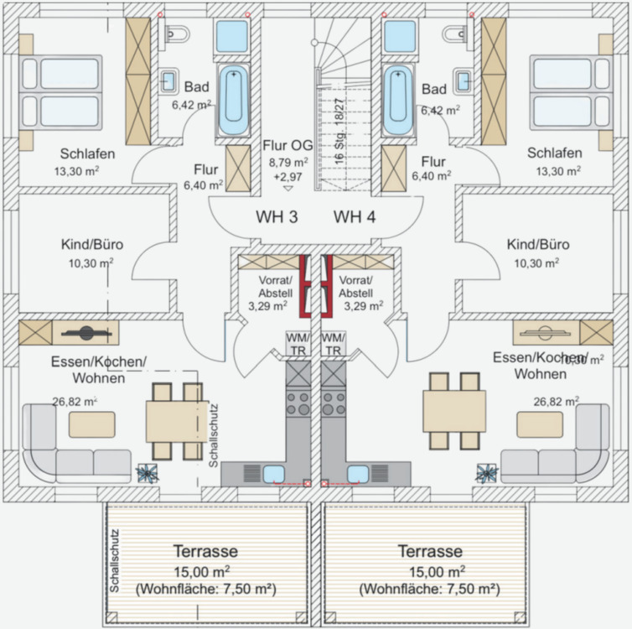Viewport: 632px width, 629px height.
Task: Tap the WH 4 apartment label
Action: click(355, 217)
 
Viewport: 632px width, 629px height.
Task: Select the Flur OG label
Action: click(289, 144)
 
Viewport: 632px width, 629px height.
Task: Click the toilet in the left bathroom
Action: click(177, 34)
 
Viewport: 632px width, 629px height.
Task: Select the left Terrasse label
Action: click(205, 552)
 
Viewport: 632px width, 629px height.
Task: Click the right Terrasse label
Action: click(429, 552)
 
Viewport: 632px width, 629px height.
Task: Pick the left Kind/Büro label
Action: click(92, 245)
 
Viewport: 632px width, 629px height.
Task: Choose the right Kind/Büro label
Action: click(538, 245)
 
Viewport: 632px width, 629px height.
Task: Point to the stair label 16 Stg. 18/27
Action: click(339, 130)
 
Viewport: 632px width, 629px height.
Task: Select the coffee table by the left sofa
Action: click(91, 424)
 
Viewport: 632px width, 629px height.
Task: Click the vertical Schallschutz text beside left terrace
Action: click(115, 561)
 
